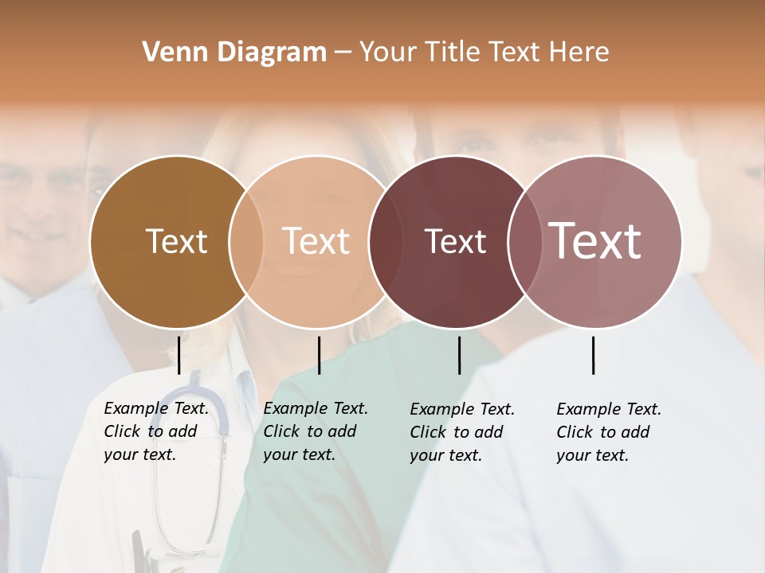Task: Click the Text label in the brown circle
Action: coord(176,241)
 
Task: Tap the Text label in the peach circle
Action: coord(316,241)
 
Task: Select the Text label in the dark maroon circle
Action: coord(455,241)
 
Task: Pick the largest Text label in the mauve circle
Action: coord(595,241)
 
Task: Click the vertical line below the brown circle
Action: coord(179,355)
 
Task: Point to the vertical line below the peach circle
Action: coord(319,355)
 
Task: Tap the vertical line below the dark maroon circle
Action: coord(459,355)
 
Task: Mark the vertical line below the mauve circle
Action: coord(594,355)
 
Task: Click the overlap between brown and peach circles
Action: coord(246,241)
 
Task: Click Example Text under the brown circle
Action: coord(156,408)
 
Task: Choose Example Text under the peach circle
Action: coord(316,408)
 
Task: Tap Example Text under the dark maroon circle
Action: coord(462,409)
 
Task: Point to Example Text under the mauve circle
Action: coord(609,409)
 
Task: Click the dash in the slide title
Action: coord(343,53)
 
